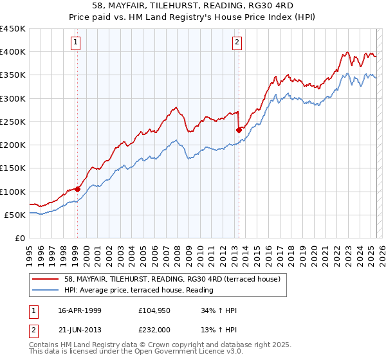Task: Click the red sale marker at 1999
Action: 77,189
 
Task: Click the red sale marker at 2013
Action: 239,130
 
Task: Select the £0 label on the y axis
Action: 19,239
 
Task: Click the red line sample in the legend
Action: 46,280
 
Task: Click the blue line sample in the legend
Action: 46,291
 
